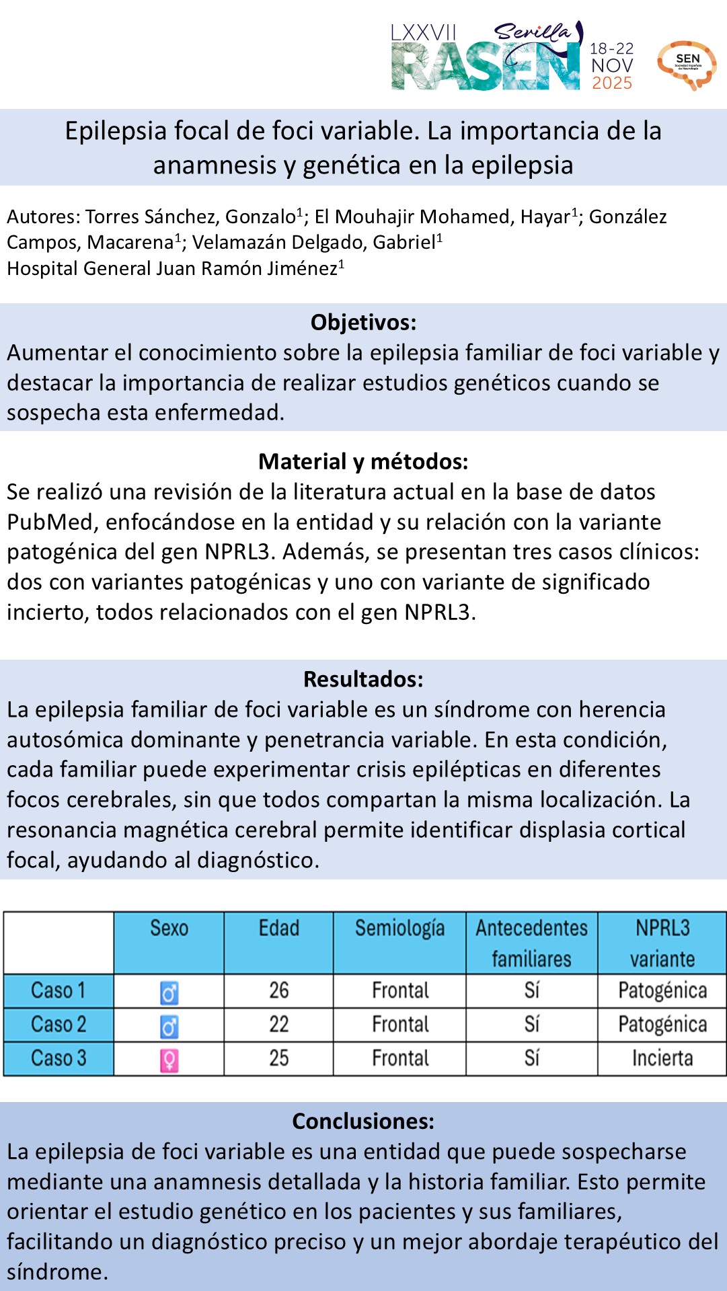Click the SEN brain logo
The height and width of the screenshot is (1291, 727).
[x=686, y=65]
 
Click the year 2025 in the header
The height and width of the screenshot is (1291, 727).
[x=611, y=83]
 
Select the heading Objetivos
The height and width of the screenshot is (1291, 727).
[x=363, y=323]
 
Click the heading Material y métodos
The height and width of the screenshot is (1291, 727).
[x=363, y=462]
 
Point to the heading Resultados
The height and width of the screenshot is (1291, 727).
[x=363, y=680]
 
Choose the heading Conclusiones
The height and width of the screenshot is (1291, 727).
[x=363, y=1122]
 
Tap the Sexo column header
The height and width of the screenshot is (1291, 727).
[x=169, y=929]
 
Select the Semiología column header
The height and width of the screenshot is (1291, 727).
[x=399, y=929]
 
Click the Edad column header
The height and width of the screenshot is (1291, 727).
[x=278, y=929]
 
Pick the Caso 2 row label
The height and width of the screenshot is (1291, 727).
[x=59, y=1025]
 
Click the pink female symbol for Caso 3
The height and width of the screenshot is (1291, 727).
[x=169, y=1060]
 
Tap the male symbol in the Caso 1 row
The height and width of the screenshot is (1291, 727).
[x=169, y=992]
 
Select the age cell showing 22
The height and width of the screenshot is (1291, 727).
[x=278, y=1025]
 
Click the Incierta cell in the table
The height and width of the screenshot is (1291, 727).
[x=662, y=1058]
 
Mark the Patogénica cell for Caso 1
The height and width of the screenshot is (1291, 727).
[x=662, y=991]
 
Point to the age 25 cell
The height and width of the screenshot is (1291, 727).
[x=278, y=1058]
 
